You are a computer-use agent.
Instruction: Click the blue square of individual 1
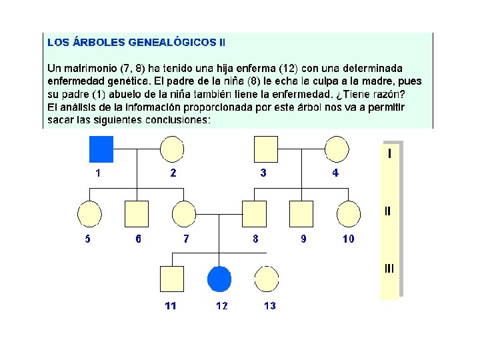tap(101, 149)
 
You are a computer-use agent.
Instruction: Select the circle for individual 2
tap(172, 149)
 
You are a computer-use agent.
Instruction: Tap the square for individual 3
tap(265, 149)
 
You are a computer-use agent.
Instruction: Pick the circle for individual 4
tap(336, 149)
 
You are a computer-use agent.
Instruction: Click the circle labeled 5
tap(89, 214)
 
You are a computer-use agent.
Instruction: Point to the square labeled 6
tap(137, 214)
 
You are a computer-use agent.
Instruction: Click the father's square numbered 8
tap(254, 214)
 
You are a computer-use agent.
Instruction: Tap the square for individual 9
tap(301, 214)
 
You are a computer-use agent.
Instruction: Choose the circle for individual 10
tap(348, 214)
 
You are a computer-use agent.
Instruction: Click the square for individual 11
tap(172, 279)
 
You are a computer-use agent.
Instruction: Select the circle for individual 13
tap(266, 279)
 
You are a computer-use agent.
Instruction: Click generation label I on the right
tap(389, 154)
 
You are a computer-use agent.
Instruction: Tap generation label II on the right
tap(389, 211)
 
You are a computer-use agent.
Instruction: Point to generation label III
tap(389, 269)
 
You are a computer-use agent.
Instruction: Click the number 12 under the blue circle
tap(221, 306)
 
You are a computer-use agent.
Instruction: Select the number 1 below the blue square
tap(99, 173)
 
